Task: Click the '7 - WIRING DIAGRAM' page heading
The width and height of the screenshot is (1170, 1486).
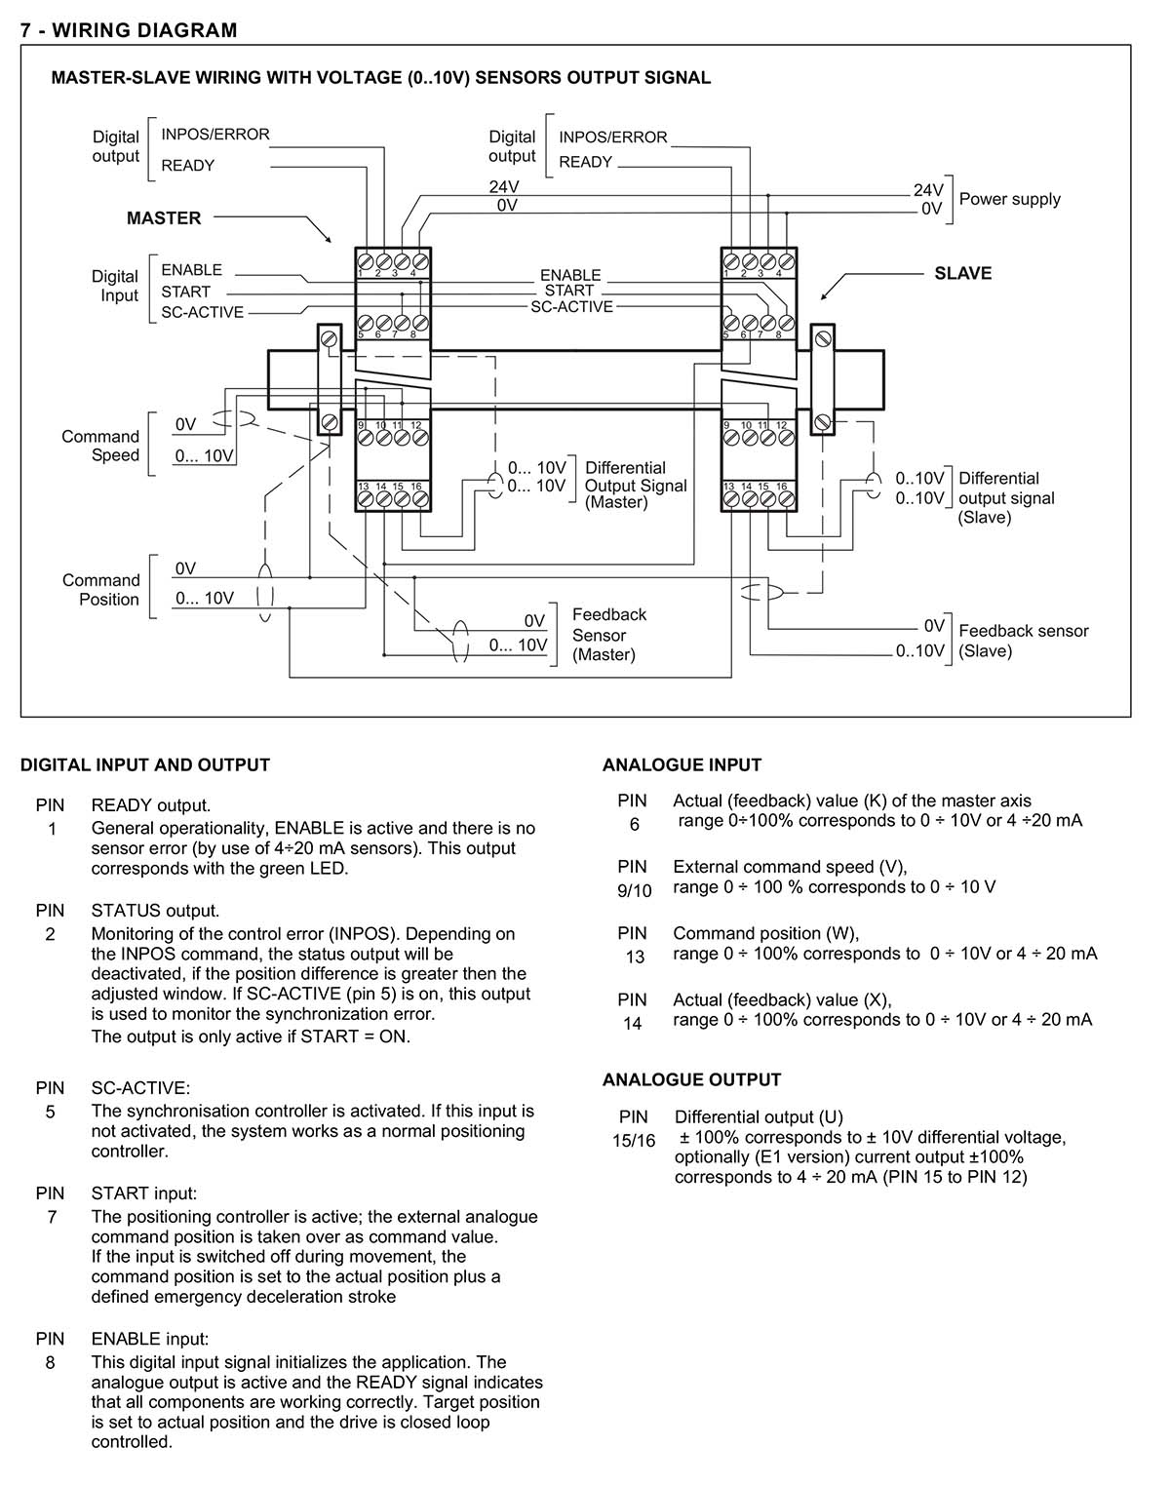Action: coord(129,30)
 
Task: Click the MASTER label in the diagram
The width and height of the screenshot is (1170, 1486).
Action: coord(164,218)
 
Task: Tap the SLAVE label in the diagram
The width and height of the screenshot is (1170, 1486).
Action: coord(962,273)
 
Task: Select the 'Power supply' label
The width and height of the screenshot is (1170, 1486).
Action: coord(1010,200)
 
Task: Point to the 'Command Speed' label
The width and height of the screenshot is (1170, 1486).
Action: coord(100,446)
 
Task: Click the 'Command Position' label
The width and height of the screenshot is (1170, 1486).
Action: coord(100,590)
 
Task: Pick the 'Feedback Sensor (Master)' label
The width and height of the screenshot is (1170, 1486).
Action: coord(609,635)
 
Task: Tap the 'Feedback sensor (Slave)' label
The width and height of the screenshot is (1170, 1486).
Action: coord(1024,641)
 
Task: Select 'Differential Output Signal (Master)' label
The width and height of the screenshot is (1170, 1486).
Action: coord(636,486)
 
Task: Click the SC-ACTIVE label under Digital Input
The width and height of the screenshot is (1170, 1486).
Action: coord(203,313)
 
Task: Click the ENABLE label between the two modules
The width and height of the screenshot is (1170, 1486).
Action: coord(570,275)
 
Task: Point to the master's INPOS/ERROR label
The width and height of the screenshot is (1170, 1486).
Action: coord(215,135)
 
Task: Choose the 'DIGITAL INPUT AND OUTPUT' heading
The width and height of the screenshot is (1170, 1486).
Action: coord(145,765)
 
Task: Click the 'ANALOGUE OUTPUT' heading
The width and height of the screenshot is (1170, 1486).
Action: coord(691,1080)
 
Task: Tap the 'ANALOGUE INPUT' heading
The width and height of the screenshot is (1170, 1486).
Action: coord(682,765)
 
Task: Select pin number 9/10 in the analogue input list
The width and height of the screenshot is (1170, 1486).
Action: coord(634,891)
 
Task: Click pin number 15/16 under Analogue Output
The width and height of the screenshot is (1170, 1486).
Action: coord(634,1141)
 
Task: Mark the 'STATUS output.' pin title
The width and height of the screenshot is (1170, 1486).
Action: coord(155,912)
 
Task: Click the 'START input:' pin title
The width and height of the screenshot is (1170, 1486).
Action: coord(143,1193)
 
